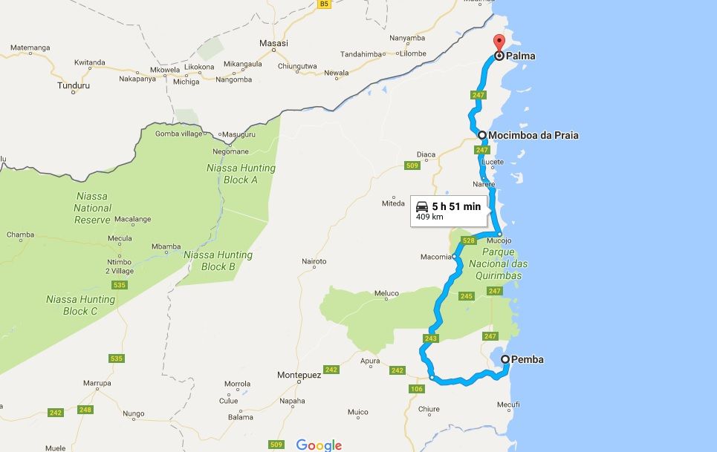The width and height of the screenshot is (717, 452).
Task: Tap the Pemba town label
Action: (528, 360)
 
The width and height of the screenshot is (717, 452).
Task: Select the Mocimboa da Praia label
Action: (534, 135)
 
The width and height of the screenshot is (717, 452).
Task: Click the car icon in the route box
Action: (421, 206)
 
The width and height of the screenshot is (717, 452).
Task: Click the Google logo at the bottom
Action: (319, 445)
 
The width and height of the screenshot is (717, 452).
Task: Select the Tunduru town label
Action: (74, 85)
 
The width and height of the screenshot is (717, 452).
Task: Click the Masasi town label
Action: (273, 44)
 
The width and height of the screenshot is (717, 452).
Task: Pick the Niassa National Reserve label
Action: (92, 208)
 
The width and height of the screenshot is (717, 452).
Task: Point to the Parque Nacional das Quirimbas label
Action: (499, 264)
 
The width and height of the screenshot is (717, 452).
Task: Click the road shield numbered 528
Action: (468, 240)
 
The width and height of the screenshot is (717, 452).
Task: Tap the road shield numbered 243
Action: (431, 338)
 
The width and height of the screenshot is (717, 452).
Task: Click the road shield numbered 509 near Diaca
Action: (412, 166)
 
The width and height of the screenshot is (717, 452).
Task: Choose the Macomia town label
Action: (436, 257)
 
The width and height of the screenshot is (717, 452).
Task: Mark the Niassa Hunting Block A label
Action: (241, 174)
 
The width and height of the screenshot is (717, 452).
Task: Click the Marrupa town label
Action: (97, 383)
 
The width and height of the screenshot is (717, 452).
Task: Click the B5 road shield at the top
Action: (324, 4)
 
